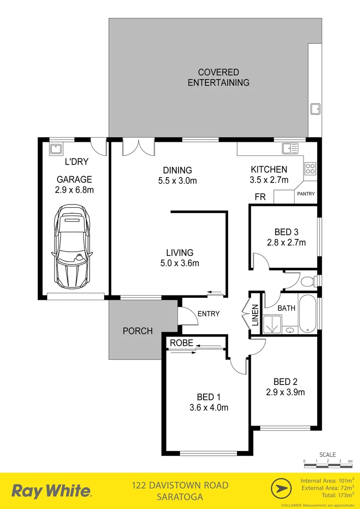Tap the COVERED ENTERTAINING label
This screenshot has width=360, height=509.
[218, 78]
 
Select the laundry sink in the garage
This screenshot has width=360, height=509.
[57, 149]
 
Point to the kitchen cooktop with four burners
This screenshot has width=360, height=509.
[310, 168]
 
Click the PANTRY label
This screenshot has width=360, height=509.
[306, 194]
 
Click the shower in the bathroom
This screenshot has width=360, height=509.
[272, 324]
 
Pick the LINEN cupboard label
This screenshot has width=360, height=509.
[255, 316]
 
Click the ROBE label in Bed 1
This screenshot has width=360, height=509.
[181, 343]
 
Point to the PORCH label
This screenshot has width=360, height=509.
[138, 331]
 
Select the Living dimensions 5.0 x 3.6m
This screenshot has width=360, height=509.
[180, 263]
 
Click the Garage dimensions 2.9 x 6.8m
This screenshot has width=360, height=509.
[74, 190]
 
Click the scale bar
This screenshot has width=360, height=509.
[328, 466]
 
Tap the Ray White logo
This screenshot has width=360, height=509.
[51, 491]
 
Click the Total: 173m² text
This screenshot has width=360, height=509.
[336, 495]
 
